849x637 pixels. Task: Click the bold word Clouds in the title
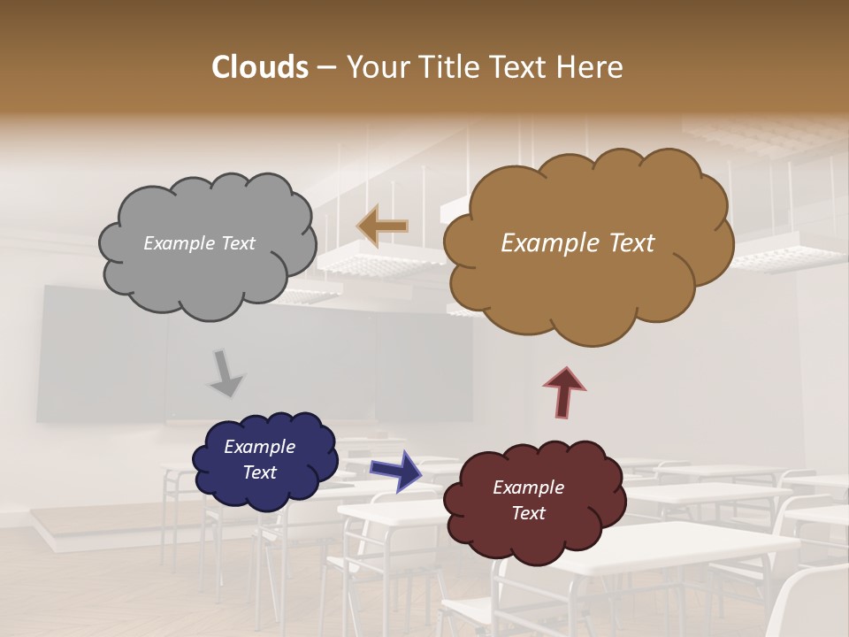coord(260,67)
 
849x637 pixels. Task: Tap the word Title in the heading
coord(449,67)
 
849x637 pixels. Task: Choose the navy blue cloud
coord(265,487)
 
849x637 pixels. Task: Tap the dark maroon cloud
coord(534,531)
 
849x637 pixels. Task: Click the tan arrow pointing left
coord(382,226)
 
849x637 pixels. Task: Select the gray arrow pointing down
coord(226,372)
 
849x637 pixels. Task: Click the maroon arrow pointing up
coord(565,392)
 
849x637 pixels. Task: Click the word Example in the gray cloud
coord(177,243)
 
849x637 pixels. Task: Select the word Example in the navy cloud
coord(260,447)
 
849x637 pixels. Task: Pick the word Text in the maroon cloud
coord(529,513)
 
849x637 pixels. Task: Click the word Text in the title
coord(521,67)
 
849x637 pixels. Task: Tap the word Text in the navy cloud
coord(260,472)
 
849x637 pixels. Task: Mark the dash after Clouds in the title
coord(325,67)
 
